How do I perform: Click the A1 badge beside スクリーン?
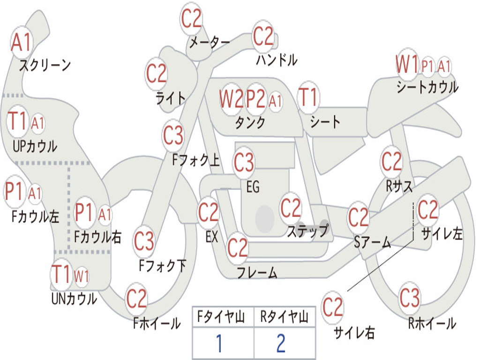tap(22, 43)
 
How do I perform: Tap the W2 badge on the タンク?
tap(232, 99)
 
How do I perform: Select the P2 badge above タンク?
tap(256, 99)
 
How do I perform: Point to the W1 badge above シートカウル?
tap(407, 64)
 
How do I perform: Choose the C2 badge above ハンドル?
tap(263, 36)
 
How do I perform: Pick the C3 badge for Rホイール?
tap(410, 297)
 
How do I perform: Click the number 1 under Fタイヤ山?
tap(219, 343)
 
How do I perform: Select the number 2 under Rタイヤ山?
tap(280, 343)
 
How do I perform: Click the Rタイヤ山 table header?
tap(285, 318)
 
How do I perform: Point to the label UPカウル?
tap(35, 146)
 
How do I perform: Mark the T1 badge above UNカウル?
tap(61, 274)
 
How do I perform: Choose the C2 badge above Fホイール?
tap(137, 298)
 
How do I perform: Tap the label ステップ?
tap(307, 231)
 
